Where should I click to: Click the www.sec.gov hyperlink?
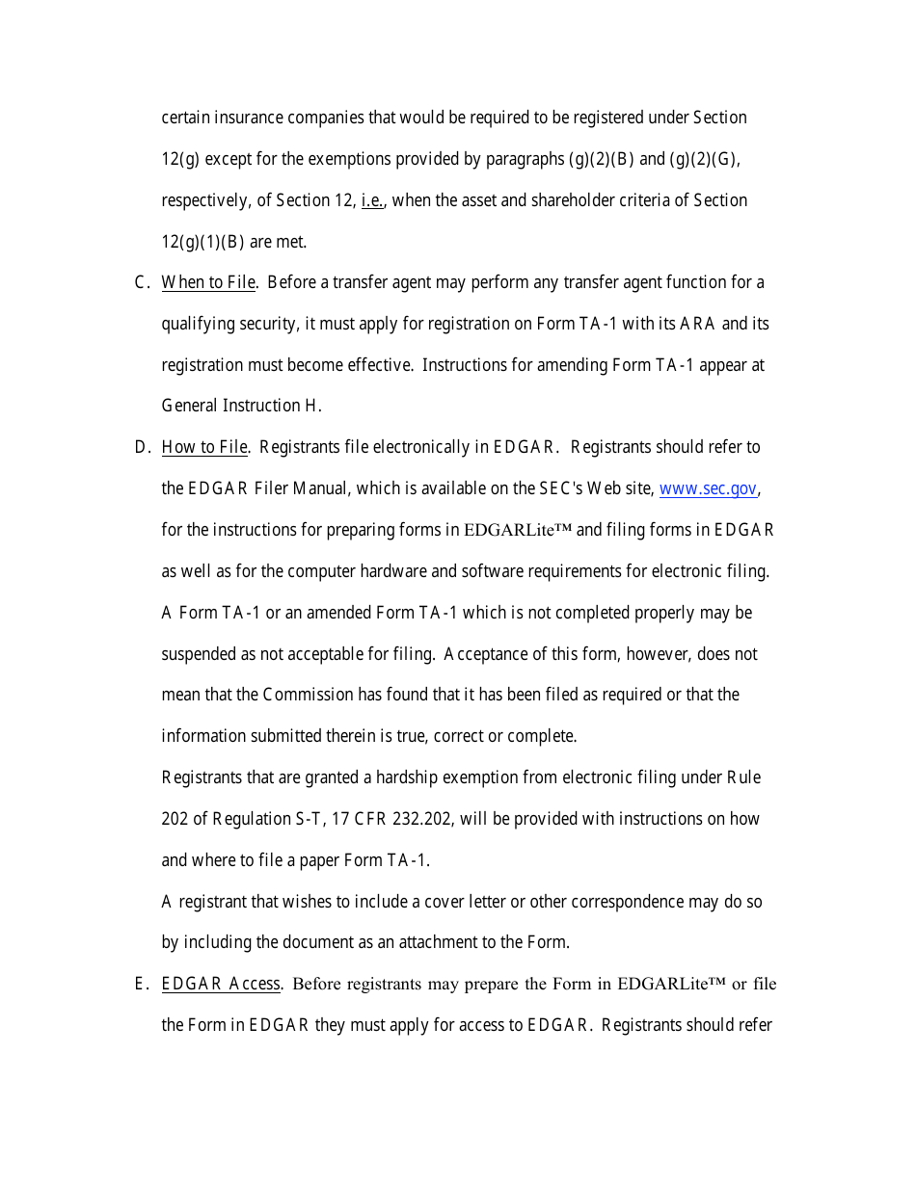708,488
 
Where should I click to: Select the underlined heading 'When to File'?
208,282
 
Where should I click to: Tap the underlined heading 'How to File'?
204,447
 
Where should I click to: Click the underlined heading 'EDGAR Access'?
221,984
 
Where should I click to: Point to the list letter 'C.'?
142,282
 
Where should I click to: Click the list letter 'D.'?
142,447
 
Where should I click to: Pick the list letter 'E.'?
141,984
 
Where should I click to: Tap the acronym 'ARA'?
698,324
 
